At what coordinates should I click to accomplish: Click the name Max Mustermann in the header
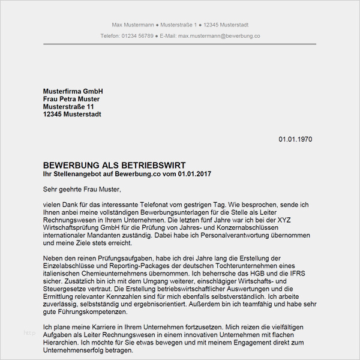[132, 25]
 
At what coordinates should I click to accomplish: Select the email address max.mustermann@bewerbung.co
[220, 36]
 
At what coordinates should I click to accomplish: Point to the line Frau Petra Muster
[71, 99]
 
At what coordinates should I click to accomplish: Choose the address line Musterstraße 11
[68, 107]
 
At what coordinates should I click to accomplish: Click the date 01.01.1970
[295, 139]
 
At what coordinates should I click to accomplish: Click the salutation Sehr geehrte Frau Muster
[82, 189]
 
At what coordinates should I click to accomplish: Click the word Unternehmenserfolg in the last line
[82, 351]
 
